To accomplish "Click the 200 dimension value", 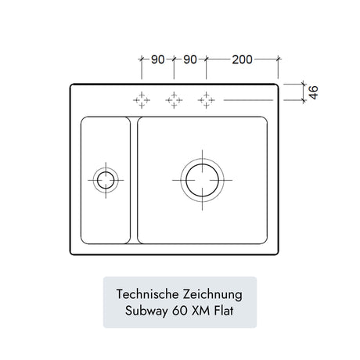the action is click(x=242, y=59).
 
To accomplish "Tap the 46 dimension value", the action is click(x=313, y=92).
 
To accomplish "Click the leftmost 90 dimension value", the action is click(x=158, y=59).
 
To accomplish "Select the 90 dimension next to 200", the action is click(x=190, y=59).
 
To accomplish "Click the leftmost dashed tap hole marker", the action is click(x=142, y=100).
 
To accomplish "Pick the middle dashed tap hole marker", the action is click(x=174, y=100).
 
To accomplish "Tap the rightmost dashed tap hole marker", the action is click(x=207, y=100).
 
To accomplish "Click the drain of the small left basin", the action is click(x=106, y=180).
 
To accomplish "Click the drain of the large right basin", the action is click(x=202, y=180).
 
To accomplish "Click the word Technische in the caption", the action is click(x=147, y=294).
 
